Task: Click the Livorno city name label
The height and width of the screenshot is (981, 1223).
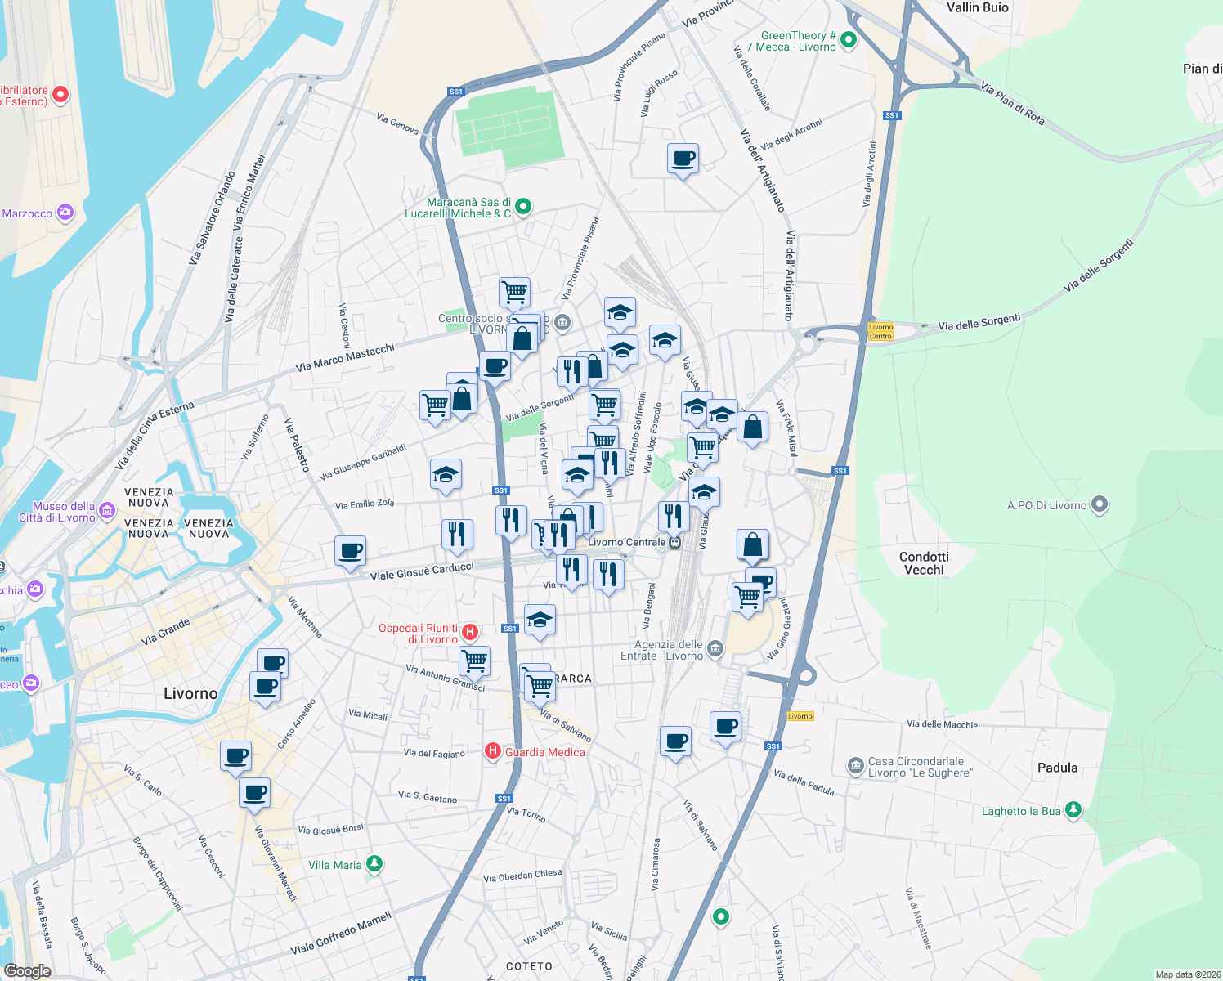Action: [x=190, y=693]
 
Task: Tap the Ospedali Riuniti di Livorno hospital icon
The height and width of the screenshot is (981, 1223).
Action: [x=470, y=632]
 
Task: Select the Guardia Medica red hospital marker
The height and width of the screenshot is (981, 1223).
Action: [x=492, y=750]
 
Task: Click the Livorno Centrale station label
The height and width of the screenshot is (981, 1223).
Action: [x=627, y=542]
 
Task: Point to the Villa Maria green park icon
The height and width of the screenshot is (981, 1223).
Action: [x=374, y=863]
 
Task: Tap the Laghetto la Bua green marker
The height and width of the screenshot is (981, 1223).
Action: [x=1073, y=809]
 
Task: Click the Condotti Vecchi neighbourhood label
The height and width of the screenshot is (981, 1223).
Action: [x=924, y=563]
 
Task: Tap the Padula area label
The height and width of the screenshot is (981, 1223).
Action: [x=1057, y=768]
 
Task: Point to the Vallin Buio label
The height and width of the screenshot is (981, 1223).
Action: [x=977, y=7]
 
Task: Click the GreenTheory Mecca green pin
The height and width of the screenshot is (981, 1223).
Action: [x=849, y=38]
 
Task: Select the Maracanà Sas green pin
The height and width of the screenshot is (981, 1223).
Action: [x=523, y=207]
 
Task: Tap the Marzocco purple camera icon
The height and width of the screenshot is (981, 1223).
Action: [x=65, y=213]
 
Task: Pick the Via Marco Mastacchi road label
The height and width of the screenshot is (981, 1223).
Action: [x=345, y=357]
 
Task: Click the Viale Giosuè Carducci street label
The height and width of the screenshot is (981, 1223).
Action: [x=422, y=571]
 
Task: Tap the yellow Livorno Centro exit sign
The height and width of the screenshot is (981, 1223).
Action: [x=880, y=331]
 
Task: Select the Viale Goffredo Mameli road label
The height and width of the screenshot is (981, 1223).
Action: [x=341, y=934]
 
